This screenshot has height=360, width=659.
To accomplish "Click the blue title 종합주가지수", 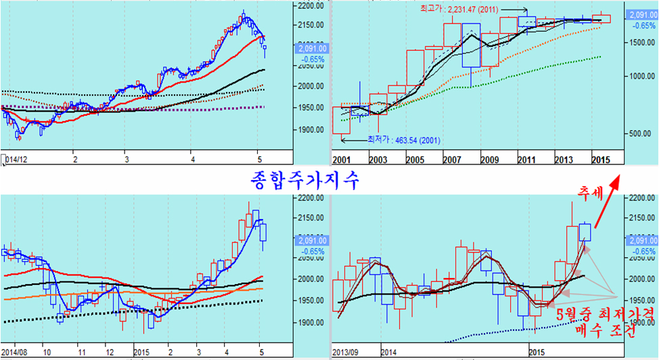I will pyautogui.click(x=300, y=181).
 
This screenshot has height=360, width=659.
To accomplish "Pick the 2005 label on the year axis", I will pyautogui.click(x=415, y=159).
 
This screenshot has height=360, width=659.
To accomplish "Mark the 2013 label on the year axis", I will pyautogui.click(x=564, y=159).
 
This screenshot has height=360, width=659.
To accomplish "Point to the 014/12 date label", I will pyautogui.click(x=15, y=160).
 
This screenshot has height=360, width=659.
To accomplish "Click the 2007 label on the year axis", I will pyautogui.click(x=452, y=159).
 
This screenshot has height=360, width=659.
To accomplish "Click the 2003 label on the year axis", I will pyautogui.click(x=378, y=159).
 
